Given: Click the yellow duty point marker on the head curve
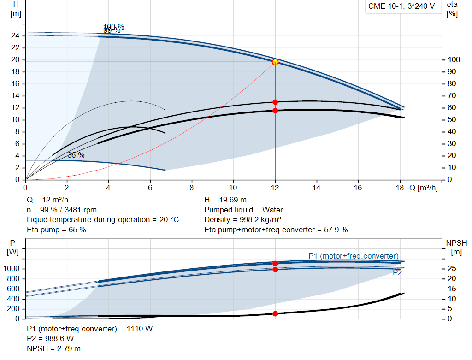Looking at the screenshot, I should pos(275,62).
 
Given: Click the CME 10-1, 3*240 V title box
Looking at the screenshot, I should pos(401,6).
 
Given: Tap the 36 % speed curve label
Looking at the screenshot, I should pos(76,155).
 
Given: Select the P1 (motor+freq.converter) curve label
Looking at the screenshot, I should pos(353,256).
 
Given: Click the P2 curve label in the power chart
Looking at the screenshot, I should pos(397,272).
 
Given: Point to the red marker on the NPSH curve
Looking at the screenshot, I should pos(275,313).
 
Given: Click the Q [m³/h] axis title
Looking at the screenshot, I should pos(423,188).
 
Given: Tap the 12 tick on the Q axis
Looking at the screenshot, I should pos(275,188).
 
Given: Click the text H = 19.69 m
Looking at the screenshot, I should pos(226,200).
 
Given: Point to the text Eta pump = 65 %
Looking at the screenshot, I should pos(56,230).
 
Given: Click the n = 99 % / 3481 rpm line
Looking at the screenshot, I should pos(62,210).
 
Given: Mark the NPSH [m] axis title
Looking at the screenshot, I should pos(456,248).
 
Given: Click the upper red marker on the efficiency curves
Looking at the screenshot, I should pos(275,102).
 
